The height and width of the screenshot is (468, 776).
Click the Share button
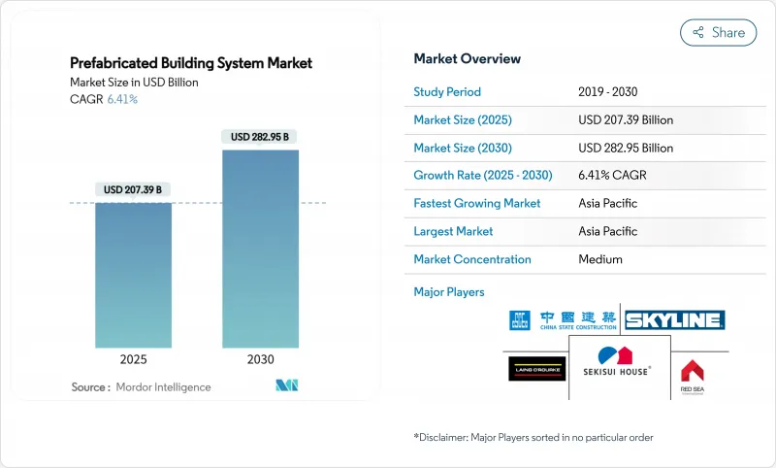(x=718, y=32)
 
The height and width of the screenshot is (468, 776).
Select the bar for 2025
(x=133, y=276)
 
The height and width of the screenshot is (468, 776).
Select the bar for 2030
(x=260, y=249)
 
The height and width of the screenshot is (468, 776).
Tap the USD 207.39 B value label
(x=133, y=189)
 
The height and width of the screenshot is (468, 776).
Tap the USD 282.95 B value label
(x=260, y=137)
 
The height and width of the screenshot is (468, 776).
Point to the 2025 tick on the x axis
(x=133, y=359)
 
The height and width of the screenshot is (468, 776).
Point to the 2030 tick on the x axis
(x=260, y=359)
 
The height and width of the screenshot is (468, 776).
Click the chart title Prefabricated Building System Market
(x=191, y=63)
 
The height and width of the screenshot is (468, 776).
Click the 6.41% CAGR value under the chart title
(x=122, y=99)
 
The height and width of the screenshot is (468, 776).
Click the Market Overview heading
(x=467, y=58)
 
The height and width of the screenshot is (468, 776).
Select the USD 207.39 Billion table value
(x=625, y=120)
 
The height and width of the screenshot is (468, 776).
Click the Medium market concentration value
(x=599, y=259)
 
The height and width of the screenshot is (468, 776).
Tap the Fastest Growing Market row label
(x=476, y=204)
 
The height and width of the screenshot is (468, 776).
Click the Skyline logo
(x=674, y=320)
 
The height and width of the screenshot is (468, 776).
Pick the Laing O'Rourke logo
(x=536, y=368)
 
